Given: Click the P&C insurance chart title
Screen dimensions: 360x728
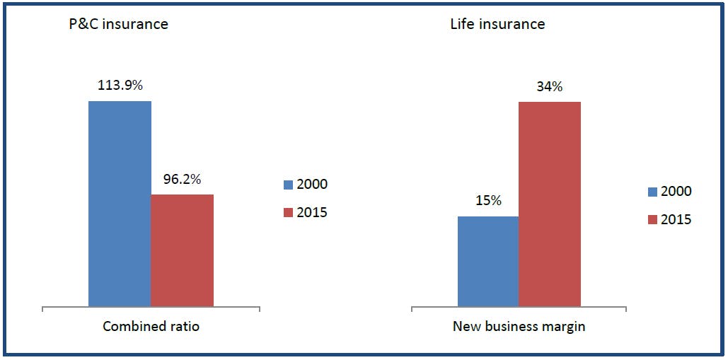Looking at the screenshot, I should [117, 24].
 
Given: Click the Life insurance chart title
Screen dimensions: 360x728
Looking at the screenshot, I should [497, 24].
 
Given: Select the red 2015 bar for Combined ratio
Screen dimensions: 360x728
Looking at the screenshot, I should [182, 250].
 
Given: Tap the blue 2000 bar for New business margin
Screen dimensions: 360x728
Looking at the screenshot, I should [487, 261].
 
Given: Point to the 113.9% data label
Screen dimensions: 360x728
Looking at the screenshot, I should [120, 86].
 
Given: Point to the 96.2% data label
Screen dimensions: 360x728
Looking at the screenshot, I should [182, 179].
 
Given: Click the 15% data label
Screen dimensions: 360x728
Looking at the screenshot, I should [487, 201].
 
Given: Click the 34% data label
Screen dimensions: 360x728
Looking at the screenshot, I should [549, 87].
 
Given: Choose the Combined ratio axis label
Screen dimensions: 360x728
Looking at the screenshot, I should [151, 327].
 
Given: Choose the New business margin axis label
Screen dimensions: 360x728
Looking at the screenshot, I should [518, 327].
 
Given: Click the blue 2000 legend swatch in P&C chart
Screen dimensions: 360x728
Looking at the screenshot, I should [288, 185].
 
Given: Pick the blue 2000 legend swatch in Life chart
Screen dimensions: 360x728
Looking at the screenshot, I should [652, 192].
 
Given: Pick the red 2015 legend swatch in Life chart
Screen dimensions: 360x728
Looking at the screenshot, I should [652, 220].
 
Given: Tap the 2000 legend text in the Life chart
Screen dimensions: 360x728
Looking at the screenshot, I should [676, 192].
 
